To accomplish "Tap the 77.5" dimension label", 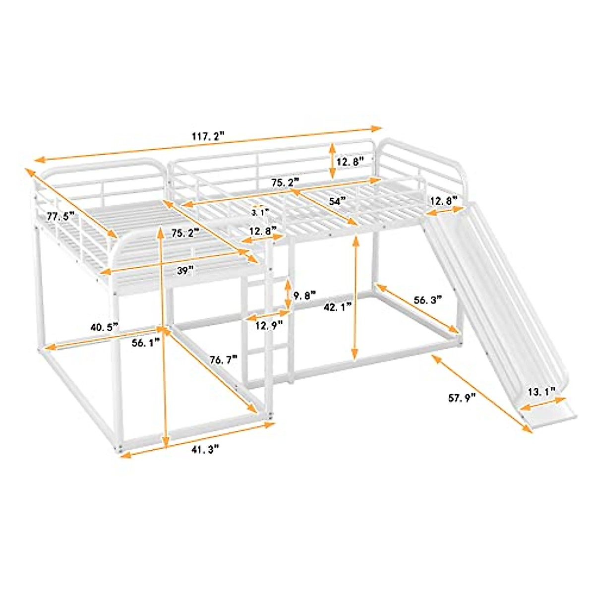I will click(x=60, y=216).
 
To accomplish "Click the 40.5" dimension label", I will click(x=104, y=327).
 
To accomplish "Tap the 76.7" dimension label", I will click(x=224, y=360).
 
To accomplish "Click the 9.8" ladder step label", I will click(x=304, y=297).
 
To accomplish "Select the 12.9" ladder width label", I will click(x=269, y=325).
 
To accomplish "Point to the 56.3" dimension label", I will click(x=427, y=300).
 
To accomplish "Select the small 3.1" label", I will click(x=259, y=212).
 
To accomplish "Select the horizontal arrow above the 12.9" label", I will click(x=268, y=314).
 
